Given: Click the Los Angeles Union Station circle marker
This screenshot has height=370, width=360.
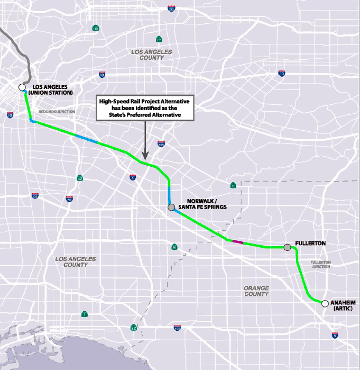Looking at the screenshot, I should click(x=22, y=87).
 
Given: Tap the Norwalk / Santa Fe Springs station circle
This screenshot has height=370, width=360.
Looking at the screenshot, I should click(x=171, y=207).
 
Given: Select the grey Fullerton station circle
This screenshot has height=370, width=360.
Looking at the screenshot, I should click(x=287, y=247).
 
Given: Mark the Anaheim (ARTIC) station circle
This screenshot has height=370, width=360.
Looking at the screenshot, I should click(x=325, y=303).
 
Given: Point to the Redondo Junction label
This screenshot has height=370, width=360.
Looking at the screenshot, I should click(x=57, y=112).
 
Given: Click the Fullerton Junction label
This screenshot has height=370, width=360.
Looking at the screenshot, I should click(x=320, y=264).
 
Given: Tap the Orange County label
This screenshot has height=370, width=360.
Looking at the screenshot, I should click(x=256, y=291).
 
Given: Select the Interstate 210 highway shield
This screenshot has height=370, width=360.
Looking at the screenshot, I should click(x=171, y=9).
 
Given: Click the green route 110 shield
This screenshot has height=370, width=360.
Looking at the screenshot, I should click(x=95, y=28).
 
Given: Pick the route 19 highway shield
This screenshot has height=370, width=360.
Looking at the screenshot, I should click(x=159, y=39).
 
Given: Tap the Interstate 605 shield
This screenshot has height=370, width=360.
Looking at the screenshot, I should click(x=161, y=144).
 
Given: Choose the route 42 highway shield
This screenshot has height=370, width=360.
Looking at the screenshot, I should click(x=79, y=178).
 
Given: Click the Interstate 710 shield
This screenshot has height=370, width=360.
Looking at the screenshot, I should click(x=69, y=199).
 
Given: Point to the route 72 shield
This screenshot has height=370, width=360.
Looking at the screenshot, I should click(x=233, y=185).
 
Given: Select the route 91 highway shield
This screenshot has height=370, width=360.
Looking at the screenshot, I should click(x=174, y=247).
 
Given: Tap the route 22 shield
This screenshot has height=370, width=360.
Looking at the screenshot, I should click(x=134, y=328).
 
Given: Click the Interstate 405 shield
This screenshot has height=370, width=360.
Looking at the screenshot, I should click(x=177, y=328).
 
